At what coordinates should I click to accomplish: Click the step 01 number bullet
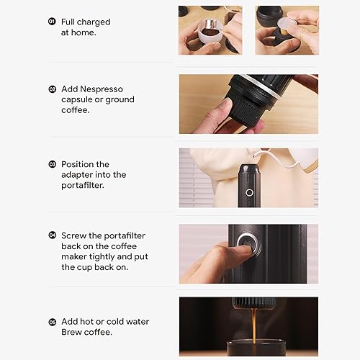coord(52,22)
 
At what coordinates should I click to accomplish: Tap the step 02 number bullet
coord(52,89)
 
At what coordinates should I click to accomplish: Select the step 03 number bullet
coord(52,164)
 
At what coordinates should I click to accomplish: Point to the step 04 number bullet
coord(52,235)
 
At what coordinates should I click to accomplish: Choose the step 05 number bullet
coord(52,321)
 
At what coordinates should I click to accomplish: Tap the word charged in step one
coord(94,22)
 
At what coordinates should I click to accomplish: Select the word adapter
coord(79,174)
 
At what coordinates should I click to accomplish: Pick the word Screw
coord(75,235)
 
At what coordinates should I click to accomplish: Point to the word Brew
coord(73,332)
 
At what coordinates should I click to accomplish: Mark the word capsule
coord(79,99)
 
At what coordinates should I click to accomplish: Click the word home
coord(86,32)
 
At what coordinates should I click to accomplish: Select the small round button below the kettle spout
coord(249,192)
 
